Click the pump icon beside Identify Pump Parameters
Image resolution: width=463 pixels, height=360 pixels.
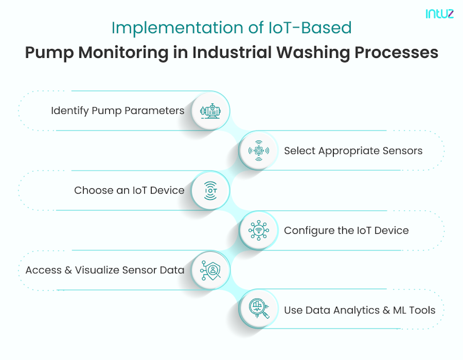pyautogui.click(x=210, y=111)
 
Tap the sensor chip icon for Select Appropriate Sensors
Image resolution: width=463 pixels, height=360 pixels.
pyautogui.click(x=258, y=151)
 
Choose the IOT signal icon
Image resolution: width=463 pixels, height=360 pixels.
pyautogui.click(x=210, y=191)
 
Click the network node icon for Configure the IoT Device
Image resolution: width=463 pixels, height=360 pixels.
pyautogui.click(x=258, y=230)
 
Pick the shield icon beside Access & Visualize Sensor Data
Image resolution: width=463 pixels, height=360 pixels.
pyautogui.click(x=210, y=270)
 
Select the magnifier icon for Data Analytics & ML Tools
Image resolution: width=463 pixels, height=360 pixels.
pyautogui.click(x=258, y=309)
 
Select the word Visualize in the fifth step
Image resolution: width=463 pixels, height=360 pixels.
pyautogui.click(x=98, y=270)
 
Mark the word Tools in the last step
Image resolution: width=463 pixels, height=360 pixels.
pyautogui.click(x=422, y=310)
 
